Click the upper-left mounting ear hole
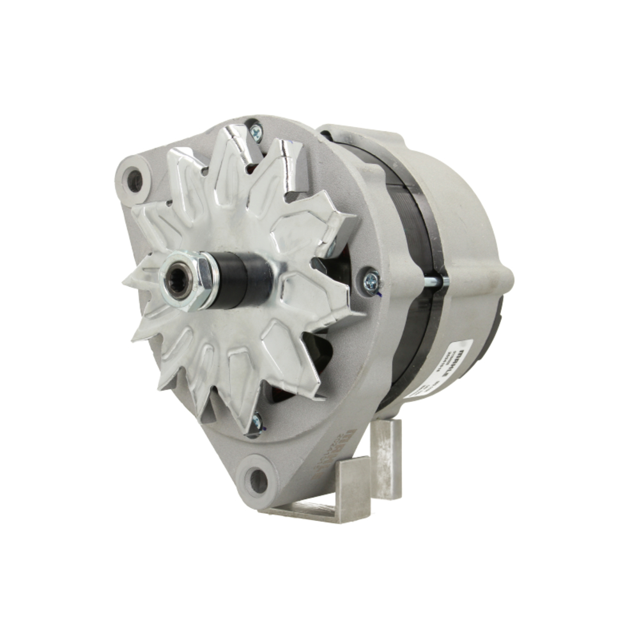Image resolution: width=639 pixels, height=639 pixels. coord(135,181)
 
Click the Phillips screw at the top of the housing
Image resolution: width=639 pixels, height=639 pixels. coord(256,132)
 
